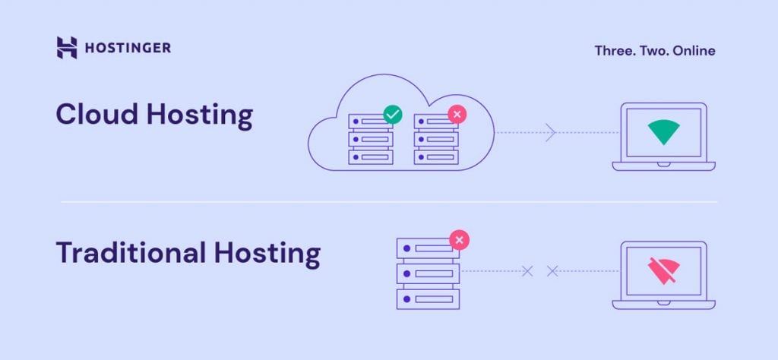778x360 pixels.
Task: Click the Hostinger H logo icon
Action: (67, 48)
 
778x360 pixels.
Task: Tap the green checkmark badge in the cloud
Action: (393, 115)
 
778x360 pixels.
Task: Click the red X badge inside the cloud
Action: (457, 115)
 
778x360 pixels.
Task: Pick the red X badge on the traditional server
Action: (460, 241)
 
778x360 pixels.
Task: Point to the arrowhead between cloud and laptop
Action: (551, 133)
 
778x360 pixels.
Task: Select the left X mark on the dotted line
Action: (527, 271)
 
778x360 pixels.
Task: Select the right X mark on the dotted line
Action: (552, 271)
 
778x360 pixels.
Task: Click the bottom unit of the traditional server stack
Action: (428, 297)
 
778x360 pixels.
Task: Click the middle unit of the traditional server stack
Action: (428, 272)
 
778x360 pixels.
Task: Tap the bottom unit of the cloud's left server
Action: (372, 156)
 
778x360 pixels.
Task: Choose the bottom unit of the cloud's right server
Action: (437, 156)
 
